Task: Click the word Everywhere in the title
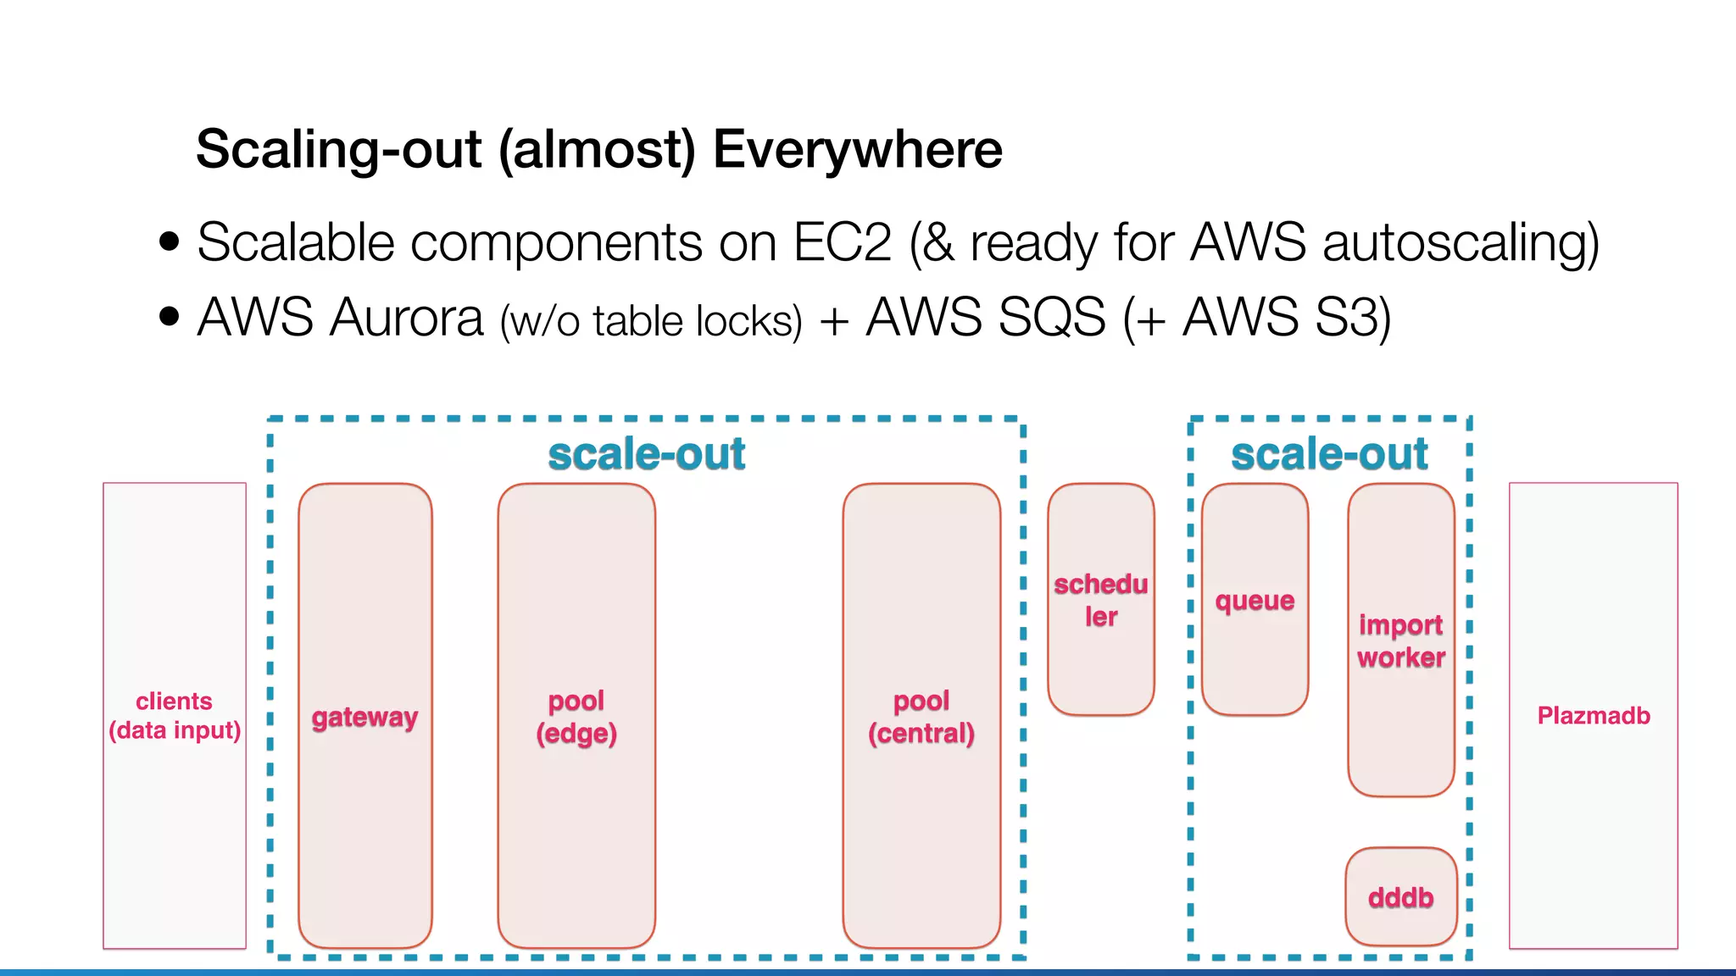tap(857, 149)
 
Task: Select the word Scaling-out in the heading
tap(338, 149)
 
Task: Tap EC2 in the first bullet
tap(842, 242)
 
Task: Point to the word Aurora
tap(406, 318)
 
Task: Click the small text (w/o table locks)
tap(650, 322)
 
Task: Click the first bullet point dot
tap(170, 241)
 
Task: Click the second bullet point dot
tap(170, 317)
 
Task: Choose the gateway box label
tap(364, 717)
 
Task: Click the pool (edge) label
tap(576, 717)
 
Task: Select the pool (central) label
tap(921, 717)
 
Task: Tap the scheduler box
tap(1100, 600)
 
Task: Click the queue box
tap(1255, 600)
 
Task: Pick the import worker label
tap(1400, 640)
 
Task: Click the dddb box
tap(1400, 896)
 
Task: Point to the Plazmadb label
tap(1594, 715)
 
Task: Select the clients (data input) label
tap(175, 715)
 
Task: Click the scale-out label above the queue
tap(1329, 454)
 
